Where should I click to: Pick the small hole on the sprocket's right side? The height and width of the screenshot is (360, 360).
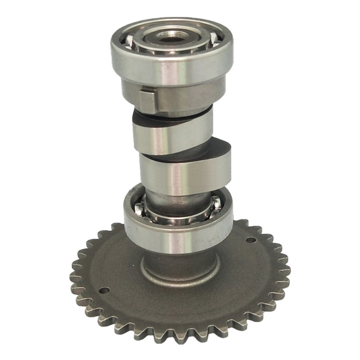click(251, 240)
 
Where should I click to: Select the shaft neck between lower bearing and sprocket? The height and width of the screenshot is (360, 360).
click(180, 259)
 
